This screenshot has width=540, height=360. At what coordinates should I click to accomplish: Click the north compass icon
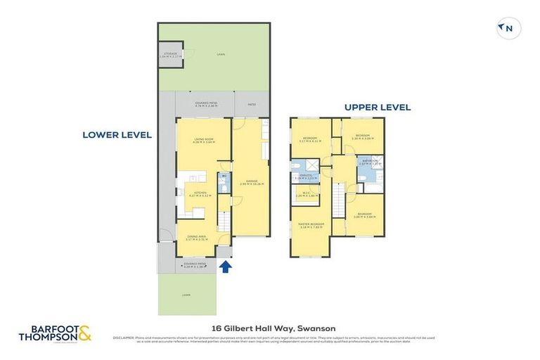508,28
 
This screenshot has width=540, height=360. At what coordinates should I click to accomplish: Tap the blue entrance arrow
224,266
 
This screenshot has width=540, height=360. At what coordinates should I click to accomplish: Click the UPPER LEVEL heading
378,108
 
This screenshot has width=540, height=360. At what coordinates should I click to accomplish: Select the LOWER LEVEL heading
117,135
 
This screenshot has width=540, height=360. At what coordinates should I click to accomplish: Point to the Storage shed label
170,54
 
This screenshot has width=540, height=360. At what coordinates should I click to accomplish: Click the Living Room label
204,141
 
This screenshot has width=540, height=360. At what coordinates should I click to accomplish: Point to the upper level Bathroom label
370,162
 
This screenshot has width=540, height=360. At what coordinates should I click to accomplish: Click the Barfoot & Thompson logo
56,333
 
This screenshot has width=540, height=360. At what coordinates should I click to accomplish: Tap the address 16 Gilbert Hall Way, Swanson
274,328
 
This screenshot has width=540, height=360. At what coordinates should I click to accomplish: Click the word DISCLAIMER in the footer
125,337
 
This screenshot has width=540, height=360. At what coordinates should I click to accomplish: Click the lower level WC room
224,182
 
